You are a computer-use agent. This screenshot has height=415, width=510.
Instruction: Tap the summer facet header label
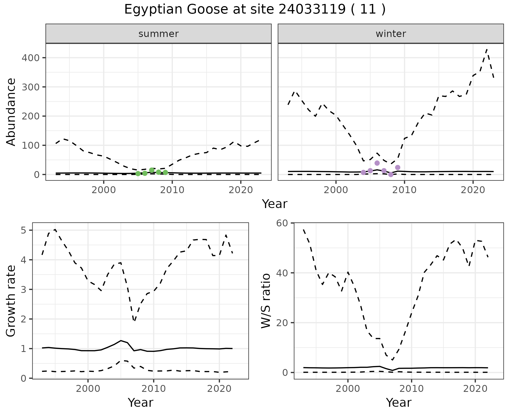[x=159, y=34]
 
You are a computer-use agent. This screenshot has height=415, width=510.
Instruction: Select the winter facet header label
[x=391, y=34]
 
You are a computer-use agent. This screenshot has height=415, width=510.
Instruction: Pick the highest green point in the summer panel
[x=152, y=170]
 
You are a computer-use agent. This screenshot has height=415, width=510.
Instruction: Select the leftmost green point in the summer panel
[x=138, y=174]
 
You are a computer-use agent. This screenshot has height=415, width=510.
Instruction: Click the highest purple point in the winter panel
[x=377, y=163]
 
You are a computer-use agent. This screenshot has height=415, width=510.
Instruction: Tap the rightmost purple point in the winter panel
[x=398, y=167]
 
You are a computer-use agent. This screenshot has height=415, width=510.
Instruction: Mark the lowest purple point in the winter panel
[x=391, y=175]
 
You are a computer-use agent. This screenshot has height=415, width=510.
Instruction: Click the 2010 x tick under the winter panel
[x=404, y=190]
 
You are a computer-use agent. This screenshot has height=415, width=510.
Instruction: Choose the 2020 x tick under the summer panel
[x=241, y=190]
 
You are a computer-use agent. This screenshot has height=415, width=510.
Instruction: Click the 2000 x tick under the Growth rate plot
[x=88, y=389]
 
